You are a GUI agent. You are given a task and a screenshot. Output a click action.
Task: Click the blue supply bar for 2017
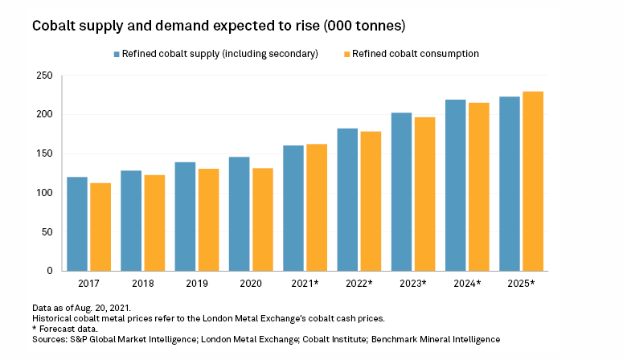pos(77,224)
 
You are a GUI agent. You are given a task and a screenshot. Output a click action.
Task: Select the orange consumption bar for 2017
pos(100,227)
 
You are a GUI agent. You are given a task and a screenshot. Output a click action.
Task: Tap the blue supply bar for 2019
pos(186,217)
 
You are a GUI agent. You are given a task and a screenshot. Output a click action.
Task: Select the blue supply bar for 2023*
pos(402,192)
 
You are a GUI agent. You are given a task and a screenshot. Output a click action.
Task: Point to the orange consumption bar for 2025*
pos(533,182)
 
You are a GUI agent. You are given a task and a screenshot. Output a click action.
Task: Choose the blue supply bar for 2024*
pos(456,186)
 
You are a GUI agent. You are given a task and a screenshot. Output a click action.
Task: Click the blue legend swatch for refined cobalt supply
pos(117,54)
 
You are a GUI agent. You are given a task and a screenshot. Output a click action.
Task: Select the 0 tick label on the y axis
pos(49,272)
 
